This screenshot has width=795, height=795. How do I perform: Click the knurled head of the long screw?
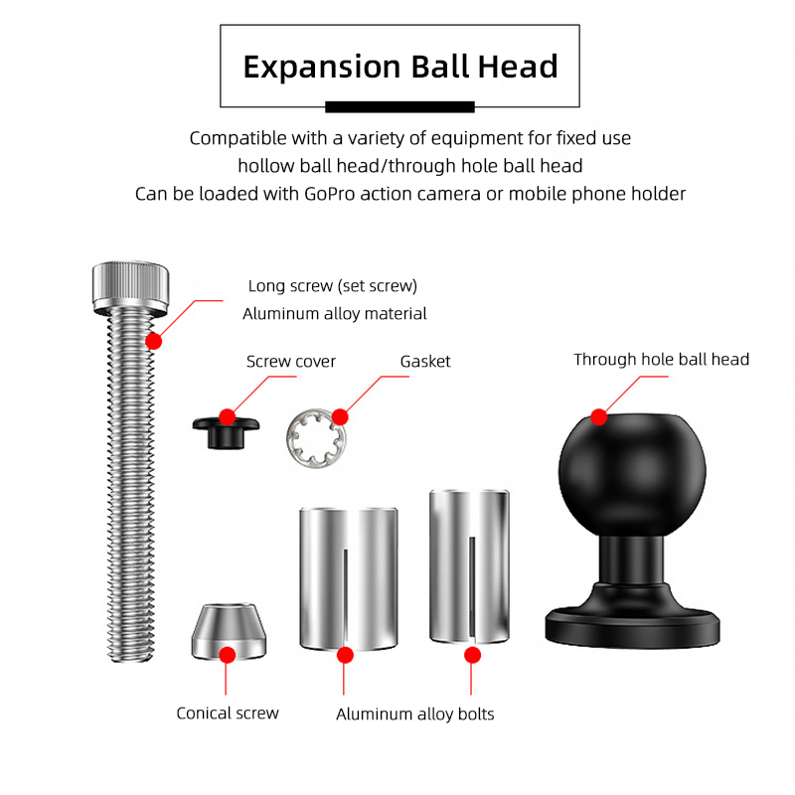[x=130, y=288]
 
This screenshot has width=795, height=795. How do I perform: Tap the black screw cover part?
[x=227, y=432]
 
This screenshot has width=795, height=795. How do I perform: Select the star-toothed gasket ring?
[x=315, y=438]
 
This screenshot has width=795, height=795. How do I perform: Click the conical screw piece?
[x=229, y=632]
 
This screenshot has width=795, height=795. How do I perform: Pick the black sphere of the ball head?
[x=632, y=474]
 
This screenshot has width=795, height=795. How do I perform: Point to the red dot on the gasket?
[x=340, y=417]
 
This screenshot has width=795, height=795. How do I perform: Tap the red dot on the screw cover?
[x=228, y=417]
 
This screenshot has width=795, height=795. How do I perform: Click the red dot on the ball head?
[x=599, y=417]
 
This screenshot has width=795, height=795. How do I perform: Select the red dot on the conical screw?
[x=228, y=655]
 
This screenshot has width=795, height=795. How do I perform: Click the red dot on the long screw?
[x=153, y=341]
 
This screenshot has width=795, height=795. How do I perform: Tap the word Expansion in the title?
[x=322, y=68]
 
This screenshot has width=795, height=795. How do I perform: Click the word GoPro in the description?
[x=329, y=194]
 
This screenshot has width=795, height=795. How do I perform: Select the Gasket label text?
[x=425, y=362]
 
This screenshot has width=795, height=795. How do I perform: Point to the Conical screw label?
[x=228, y=713]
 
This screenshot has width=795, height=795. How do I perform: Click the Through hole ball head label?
[x=661, y=360]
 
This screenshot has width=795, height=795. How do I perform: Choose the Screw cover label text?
[x=291, y=362]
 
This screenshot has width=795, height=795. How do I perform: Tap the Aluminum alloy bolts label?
[x=414, y=714]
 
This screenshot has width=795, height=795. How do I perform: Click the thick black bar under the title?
[x=400, y=106]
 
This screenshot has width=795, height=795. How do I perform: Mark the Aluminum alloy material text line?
[x=335, y=314]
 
